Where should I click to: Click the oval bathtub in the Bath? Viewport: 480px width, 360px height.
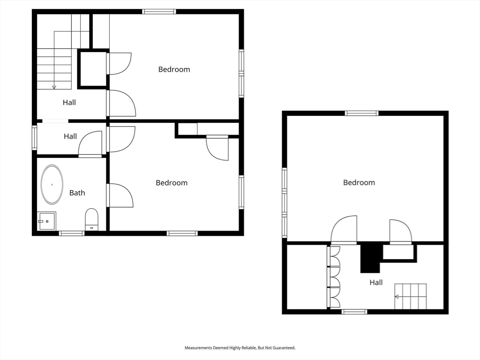tap(52, 184)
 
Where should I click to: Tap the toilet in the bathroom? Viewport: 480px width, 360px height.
tap(92, 219)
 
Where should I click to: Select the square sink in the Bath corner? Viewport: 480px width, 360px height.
tap(47, 220)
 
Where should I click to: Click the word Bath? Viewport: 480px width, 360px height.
tap(77, 193)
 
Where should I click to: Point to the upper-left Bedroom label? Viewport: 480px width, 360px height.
tap(174, 69)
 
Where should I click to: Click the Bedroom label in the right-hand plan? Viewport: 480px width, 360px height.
tap(359, 182)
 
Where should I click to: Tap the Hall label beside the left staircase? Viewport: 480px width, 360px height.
tap(69, 102)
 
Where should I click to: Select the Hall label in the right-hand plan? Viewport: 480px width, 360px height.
tap(376, 282)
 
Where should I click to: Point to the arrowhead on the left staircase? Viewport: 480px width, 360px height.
tap(54, 87)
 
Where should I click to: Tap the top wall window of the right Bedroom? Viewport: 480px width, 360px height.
tap(361, 113)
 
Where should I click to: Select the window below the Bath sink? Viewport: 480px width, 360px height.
tap(72, 233)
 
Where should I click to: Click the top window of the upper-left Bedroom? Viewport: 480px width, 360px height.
tap(159, 12)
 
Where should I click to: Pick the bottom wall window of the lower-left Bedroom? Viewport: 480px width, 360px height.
tap(182, 233)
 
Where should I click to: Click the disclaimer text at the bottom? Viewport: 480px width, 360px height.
tap(240, 348)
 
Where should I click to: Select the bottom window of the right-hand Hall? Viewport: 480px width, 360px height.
tap(354, 312)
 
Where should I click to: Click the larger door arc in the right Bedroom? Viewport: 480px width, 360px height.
tap(345, 230)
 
